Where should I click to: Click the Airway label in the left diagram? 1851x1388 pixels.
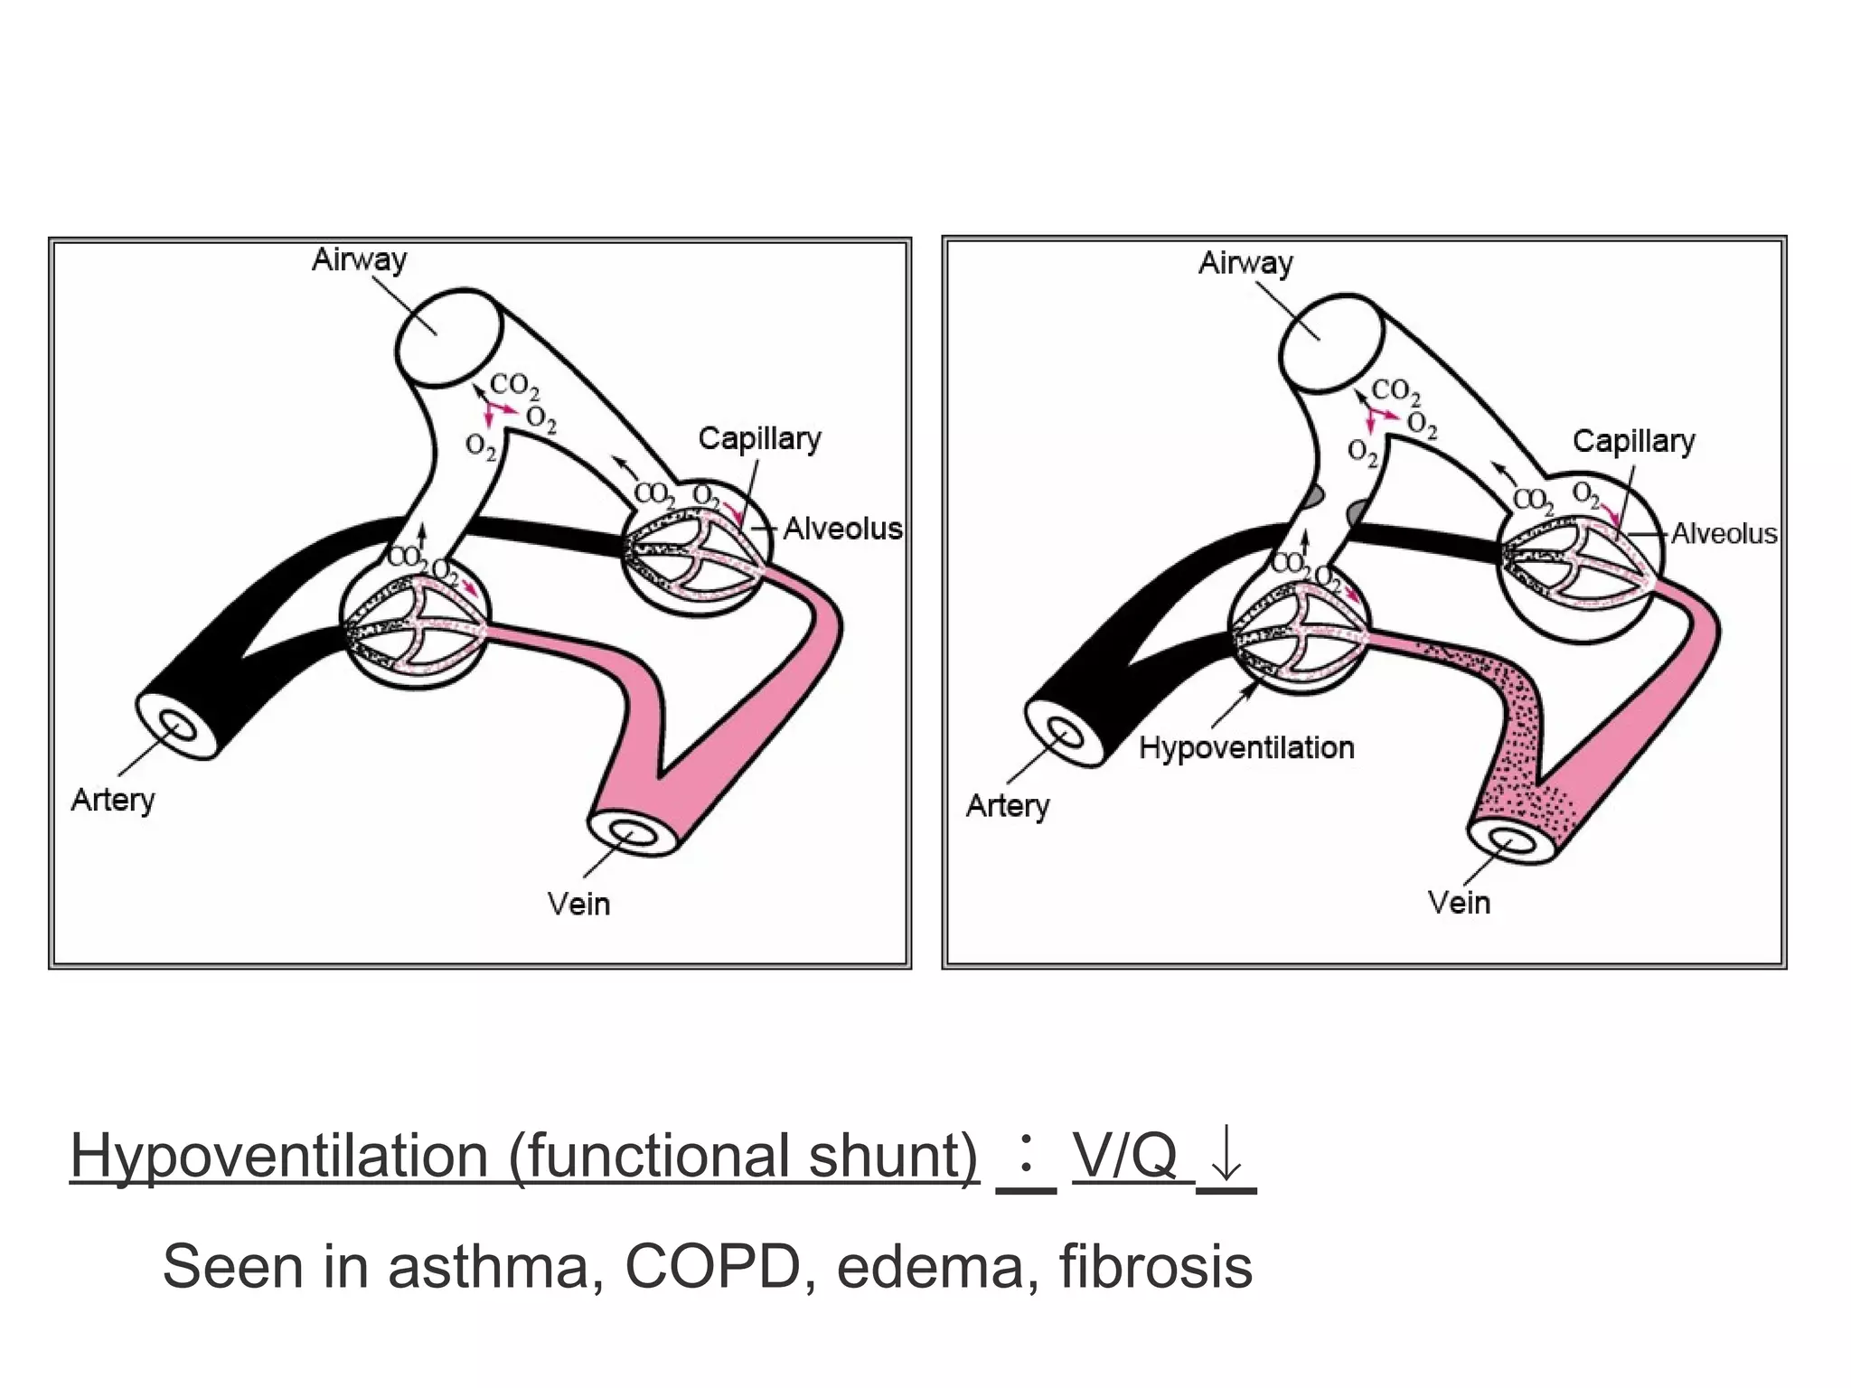pos(359,260)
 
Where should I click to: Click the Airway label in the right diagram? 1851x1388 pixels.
pos(1245,263)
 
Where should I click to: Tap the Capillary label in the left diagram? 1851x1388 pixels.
pos(759,439)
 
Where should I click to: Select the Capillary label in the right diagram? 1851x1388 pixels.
pos(1633,442)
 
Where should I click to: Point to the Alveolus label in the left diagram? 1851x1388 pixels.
pos(842,529)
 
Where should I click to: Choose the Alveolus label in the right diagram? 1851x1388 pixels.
pos(1724,534)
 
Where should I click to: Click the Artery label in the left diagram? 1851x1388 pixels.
pos(113,801)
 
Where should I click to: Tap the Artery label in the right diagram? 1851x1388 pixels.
pos(1008,806)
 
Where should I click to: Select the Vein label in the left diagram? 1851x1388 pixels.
pos(578,904)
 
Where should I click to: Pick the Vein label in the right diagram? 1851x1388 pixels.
pos(1459,903)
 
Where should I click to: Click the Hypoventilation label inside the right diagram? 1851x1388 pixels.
pos(1246,748)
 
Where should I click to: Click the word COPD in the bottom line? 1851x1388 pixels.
pos(712,1267)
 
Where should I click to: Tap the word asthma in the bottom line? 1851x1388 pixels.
pos(495,1267)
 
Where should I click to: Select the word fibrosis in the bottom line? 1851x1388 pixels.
pos(1155,1267)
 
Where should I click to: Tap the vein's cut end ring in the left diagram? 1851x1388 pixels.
pos(634,832)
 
